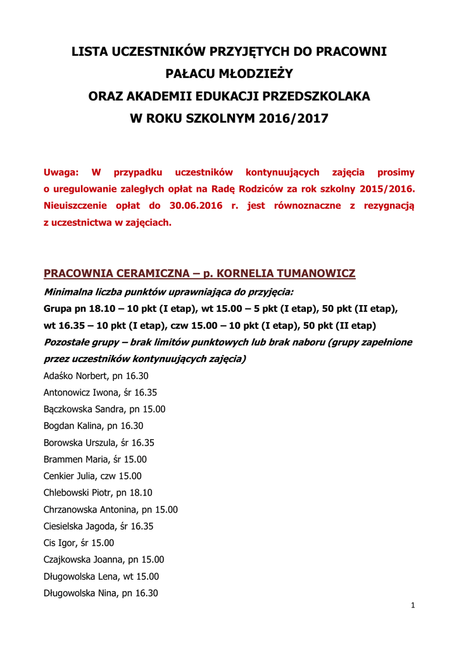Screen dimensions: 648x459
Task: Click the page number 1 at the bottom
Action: [413, 606]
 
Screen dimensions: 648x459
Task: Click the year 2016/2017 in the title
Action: [294, 118]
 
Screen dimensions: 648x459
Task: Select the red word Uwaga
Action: [61, 172]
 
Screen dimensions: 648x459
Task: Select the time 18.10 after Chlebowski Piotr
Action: [141, 493]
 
